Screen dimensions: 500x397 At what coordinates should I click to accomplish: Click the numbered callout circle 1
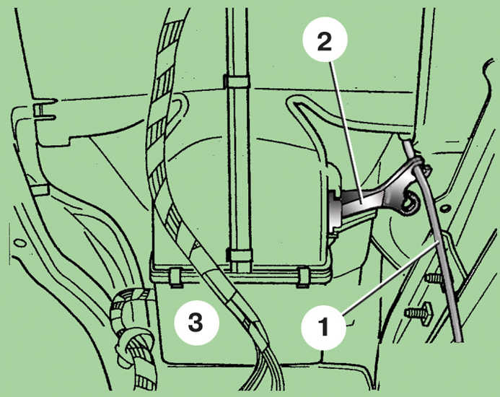324,326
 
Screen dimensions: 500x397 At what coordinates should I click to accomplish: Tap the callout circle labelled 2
324,42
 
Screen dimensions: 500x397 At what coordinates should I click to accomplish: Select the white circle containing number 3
196,323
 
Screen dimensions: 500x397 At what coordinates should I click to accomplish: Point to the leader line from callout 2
346,131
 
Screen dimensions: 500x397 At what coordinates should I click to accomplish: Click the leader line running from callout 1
392,276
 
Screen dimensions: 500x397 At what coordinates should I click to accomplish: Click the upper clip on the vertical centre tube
236,82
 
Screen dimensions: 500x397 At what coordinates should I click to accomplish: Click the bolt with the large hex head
419,313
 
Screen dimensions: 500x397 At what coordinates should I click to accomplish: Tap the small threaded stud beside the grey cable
435,279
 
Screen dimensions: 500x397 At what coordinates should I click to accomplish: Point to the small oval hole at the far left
20,243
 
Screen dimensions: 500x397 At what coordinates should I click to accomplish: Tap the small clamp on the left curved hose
39,190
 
